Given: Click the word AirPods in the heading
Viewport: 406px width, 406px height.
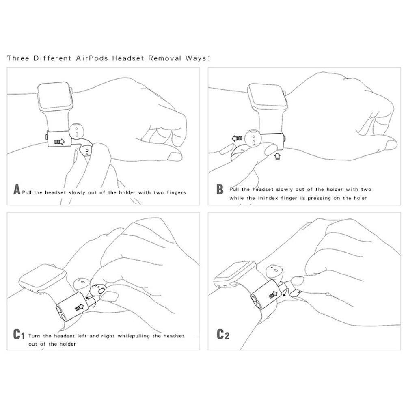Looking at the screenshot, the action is (x=92, y=58).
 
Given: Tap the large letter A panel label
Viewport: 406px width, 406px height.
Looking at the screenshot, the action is (x=17, y=189).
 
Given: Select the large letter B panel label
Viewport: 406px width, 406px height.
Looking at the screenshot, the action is (x=220, y=189).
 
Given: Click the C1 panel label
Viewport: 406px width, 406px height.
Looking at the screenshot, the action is (x=19, y=334).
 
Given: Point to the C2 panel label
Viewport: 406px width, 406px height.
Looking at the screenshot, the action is (x=222, y=334).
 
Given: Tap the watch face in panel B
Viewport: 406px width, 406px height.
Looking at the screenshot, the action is (x=268, y=97).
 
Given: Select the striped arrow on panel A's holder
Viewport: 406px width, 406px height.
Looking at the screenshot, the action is (x=59, y=142).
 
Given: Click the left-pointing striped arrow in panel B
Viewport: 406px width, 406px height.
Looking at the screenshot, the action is (x=237, y=138).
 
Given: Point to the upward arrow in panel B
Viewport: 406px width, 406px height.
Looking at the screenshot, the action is (x=277, y=156).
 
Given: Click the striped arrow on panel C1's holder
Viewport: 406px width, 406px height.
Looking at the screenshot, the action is (x=79, y=307).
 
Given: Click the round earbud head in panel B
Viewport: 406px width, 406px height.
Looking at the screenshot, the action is (x=253, y=138).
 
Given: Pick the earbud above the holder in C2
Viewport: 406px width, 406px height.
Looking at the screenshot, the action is (x=274, y=273).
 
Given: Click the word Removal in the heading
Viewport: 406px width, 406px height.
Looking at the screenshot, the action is (x=164, y=58).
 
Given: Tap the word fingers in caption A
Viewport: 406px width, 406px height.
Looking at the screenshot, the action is (x=176, y=192).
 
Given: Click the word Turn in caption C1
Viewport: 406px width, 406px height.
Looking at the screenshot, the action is (x=34, y=336).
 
